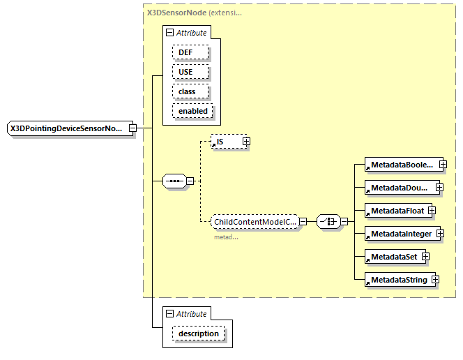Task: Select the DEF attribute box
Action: click(185, 52)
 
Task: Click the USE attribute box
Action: click(185, 72)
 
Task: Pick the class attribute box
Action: click(186, 91)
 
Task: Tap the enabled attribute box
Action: click(192, 111)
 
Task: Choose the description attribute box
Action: click(198, 333)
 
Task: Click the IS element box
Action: click(225, 142)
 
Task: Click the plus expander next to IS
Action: click(246, 142)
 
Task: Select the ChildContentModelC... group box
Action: click(255, 222)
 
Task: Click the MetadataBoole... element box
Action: click(400, 165)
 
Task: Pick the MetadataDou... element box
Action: click(400, 188)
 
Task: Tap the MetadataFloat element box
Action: click(395, 210)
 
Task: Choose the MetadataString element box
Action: click(397, 280)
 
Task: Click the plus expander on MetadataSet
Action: click(425, 257)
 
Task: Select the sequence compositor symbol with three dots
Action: click(174, 181)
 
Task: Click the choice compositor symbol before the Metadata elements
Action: click(328, 222)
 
